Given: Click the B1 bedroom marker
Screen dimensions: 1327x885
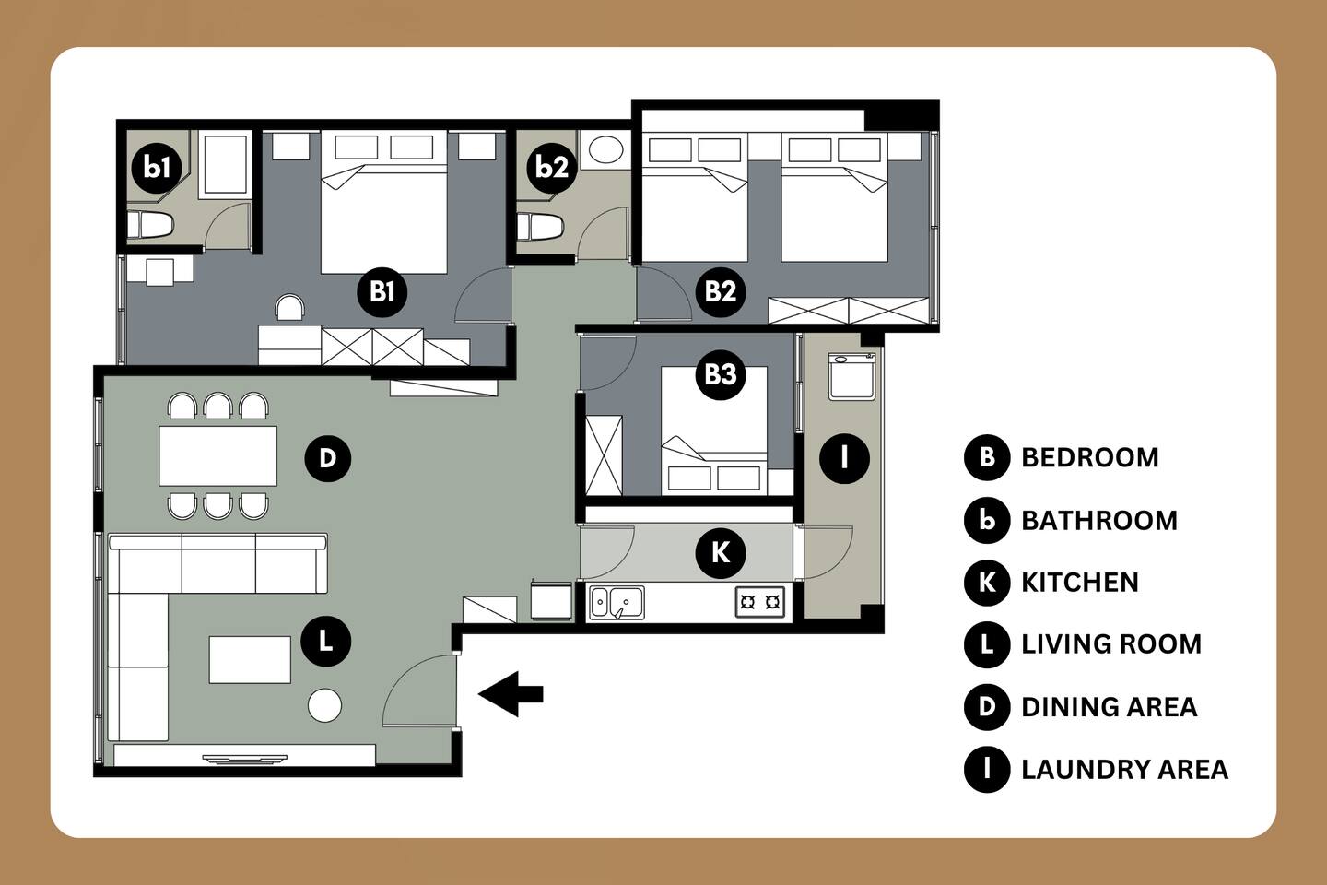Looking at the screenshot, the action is click(x=382, y=291).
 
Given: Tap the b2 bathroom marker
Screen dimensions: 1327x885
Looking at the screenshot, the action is click(x=551, y=167).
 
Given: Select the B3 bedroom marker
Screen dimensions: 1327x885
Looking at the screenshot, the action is click(x=721, y=374).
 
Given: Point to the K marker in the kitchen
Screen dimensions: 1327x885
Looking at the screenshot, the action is click(x=721, y=553).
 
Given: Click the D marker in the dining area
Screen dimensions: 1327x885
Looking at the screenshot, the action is click(x=328, y=458).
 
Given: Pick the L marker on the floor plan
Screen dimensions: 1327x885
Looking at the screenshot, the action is click(x=326, y=642).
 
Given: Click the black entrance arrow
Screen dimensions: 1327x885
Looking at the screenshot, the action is click(x=511, y=693).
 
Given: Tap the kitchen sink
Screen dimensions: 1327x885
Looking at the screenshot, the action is click(x=617, y=603).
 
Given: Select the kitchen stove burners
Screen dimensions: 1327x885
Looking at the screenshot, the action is click(x=760, y=602).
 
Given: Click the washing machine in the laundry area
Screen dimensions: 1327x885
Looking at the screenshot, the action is click(x=852, y=376).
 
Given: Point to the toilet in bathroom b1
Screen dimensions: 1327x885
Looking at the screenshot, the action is click(x=150, y=225).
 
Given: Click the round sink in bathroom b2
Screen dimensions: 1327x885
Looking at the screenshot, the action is click(x=605, y=148).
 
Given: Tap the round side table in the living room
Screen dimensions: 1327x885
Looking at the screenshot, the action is click(x=324, y=705).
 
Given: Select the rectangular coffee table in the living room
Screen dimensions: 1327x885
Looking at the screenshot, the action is click(x=250, y=660).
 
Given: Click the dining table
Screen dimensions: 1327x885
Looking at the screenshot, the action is click(x=218, y=455).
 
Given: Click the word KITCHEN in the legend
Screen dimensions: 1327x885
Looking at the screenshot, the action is click(x=1080, y=583).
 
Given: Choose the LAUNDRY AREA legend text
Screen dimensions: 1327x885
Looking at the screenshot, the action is click(x=1125, y=770).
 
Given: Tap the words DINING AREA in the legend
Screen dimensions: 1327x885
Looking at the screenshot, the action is click(x=1110, y=707).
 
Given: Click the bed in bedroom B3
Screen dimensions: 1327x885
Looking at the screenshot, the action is click(x=714, y=431).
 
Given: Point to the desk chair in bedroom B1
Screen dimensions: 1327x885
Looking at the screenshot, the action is click(x=290, y=308).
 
